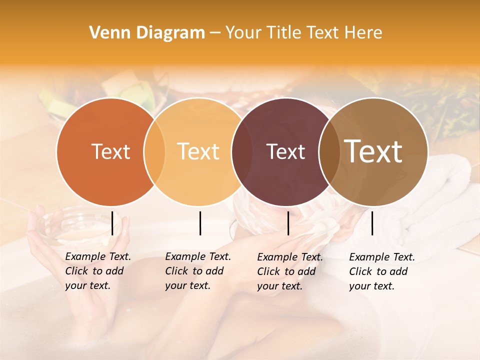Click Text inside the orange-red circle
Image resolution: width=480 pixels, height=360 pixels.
(x=110, y=151)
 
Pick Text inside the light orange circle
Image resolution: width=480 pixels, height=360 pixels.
(x=198, y=151)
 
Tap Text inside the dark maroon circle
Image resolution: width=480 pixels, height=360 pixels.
(x=285, y=152)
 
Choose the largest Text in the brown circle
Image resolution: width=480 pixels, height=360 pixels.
(x=373, y=151)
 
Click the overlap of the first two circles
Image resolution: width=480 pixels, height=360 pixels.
(x=154, y=151)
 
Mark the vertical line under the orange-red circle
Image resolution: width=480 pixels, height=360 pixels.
(x=112, y=223)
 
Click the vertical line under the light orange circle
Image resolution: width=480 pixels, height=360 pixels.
(x=200, y=223)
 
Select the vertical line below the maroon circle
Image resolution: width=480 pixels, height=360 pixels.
(x=288, y=223)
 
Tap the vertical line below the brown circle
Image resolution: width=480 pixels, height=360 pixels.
(x=372, y=223)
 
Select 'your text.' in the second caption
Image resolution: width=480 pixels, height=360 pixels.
(x=187, y=285)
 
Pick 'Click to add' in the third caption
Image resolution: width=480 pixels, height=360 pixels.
(x=286, y=271)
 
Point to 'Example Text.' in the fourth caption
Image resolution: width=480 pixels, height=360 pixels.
(x=382, y=257)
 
